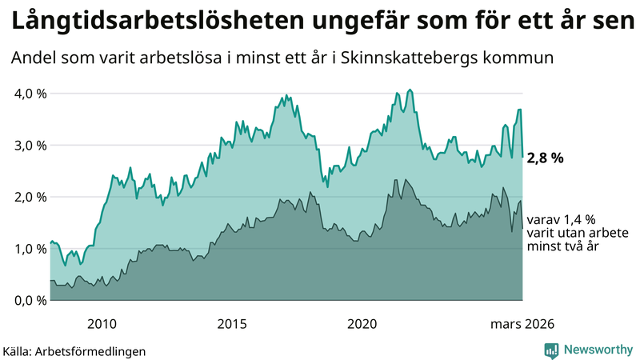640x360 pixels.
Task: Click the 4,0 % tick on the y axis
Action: tap(31, 94)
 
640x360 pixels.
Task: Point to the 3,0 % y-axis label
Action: tap(31, 146)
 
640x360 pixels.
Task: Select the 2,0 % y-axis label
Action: tap(31, 197)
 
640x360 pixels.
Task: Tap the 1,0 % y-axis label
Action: tap(31, 249)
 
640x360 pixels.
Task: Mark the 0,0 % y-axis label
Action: tap(31, 300)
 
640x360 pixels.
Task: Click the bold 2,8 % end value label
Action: tap(545, 158)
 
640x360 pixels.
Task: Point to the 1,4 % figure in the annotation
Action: tap(578, 219)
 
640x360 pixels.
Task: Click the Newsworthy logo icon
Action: tap(551, 350)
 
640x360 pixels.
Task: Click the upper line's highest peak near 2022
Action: tap(410, 90)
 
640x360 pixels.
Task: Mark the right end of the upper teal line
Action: tap(522, 157)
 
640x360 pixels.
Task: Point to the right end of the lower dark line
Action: tap(522, 229)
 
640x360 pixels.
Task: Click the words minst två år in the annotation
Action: tap(564, 248)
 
